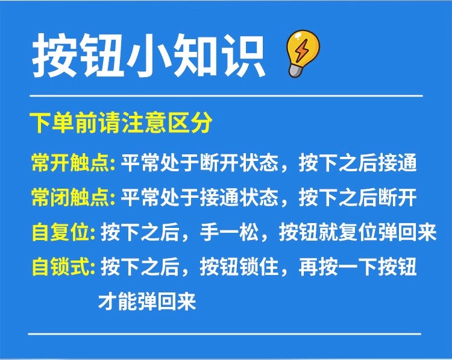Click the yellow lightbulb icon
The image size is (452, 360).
pos(303,54)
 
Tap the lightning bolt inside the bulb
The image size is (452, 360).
pos(302,51)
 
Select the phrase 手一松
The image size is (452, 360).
pos(230,232)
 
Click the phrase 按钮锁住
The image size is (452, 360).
pos(239,267)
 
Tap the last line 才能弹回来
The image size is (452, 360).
pos(147,302)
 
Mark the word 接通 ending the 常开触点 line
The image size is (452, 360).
pos(397,163)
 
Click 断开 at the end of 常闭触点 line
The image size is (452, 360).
pos(397,198)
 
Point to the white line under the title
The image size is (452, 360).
pos(226,95)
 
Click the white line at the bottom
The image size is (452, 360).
pos(225,334)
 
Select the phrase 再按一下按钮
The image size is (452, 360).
pos(358,267)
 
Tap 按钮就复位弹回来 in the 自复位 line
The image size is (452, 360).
pos(358,232)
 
